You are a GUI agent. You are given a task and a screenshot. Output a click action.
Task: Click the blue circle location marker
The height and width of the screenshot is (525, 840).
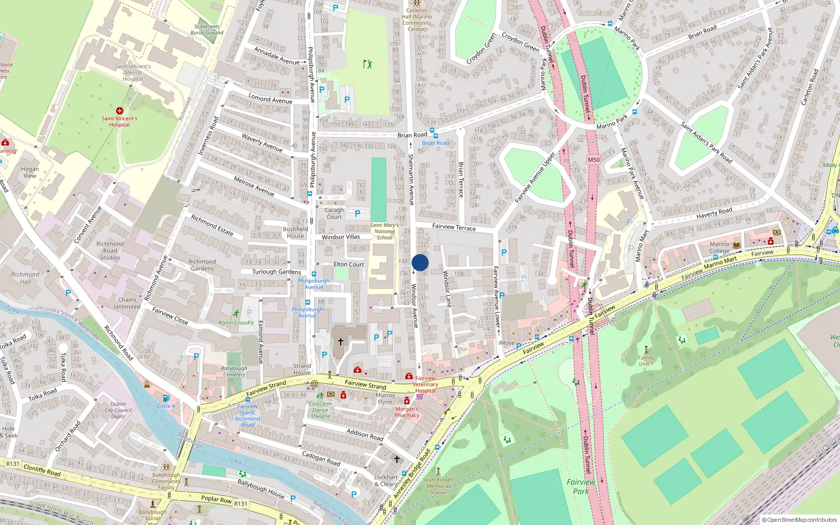[420, 262]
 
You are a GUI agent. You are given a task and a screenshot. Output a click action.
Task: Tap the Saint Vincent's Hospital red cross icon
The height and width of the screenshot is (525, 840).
[119, 111]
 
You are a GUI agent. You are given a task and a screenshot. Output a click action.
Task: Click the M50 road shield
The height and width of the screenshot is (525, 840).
[593, 160]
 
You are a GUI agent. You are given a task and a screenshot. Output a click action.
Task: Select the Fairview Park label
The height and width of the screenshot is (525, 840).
[581, 486]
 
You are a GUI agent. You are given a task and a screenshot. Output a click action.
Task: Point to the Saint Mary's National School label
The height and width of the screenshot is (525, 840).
[384, 232]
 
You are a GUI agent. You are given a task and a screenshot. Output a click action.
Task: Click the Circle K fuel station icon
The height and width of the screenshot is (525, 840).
[166, 398]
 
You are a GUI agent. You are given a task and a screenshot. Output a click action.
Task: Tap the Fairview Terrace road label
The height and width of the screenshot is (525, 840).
[454, 227]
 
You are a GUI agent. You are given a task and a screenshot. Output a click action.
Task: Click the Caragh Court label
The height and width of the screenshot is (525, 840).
[334, 213]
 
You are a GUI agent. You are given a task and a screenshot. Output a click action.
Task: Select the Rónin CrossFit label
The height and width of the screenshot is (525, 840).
[236, 323]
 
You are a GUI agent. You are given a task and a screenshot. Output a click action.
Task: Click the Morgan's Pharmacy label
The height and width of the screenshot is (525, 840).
[407, 412]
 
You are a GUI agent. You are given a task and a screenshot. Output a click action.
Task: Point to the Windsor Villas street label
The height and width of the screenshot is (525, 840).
[341, 237]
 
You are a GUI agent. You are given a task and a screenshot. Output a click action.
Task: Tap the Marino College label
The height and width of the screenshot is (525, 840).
[719, 247]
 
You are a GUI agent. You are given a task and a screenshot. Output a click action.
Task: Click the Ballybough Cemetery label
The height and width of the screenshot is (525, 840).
[234, 371]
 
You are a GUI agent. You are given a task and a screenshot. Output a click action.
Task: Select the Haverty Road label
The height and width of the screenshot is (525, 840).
[714, 213]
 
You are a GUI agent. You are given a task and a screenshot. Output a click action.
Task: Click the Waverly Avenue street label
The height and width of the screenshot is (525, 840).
[262, 142]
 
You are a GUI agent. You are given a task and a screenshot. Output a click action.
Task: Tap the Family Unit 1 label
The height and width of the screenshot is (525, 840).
[646, 361]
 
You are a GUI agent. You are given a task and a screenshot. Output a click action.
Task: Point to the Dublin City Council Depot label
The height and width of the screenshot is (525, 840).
[118, 410]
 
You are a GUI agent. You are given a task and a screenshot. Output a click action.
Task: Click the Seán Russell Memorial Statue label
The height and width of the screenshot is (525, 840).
[438, 486]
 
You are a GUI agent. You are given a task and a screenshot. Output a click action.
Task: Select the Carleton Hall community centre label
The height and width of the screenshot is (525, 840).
[417, 20]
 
